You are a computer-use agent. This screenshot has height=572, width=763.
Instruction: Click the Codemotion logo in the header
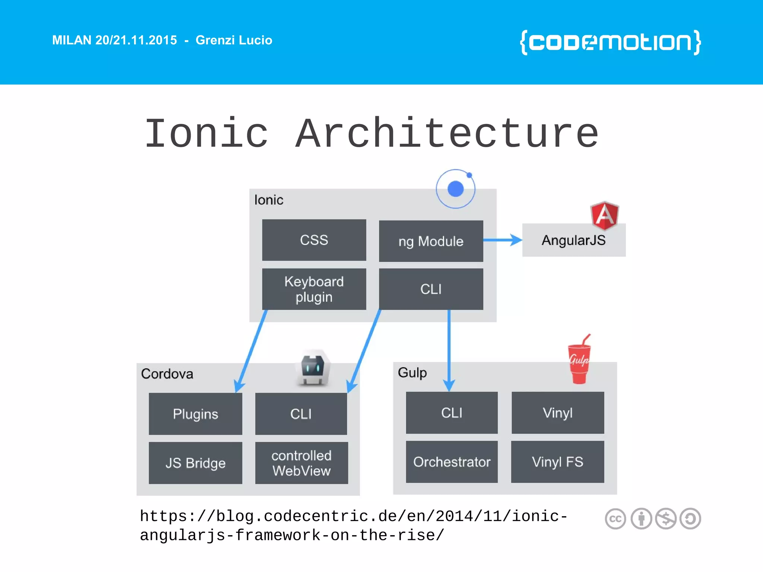click(x=610, y=42)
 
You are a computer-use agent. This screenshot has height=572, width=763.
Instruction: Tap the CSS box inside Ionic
click(x=314, y=240)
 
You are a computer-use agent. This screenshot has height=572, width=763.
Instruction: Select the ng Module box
click(x=431, y=241)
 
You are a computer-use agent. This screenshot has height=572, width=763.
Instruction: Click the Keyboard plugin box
click(x=314, y=289)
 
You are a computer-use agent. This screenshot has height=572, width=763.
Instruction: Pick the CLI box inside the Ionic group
click(x=431, y=289)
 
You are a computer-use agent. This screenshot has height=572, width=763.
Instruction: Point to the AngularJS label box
click(x=573, y=241)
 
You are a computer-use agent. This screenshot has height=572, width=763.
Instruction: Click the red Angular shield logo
click(x=604, y=215)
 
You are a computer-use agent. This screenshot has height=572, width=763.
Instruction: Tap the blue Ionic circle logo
click(x=455, y=189)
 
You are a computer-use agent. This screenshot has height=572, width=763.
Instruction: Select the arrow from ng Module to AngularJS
click(x=503, y=240)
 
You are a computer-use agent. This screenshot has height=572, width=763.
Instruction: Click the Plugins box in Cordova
click(x=195, y=414)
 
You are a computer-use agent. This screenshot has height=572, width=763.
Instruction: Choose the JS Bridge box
click(x=195, y=463)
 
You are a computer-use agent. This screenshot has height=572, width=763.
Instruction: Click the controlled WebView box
click(x=301, y=463)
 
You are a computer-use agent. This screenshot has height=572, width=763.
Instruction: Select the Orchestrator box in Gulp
click(x=452, y=462)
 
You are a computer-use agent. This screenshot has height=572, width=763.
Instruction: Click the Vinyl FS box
click(x=557, y=462)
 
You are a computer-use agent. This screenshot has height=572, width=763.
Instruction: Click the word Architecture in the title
click(x=447, y=133)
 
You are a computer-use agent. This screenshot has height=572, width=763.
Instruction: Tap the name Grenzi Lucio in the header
click(x=234, y=40)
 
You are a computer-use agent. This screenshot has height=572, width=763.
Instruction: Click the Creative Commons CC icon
click(x=615, y=519)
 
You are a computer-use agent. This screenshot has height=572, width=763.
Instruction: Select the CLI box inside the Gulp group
click(x=452, y=413)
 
